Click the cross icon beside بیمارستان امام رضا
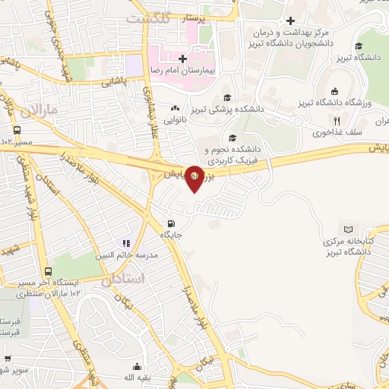click(x=182, y=58)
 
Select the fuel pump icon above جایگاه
click(x=171, y=224)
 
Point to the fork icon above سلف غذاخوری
click(x=336, y=120)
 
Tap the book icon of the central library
click(x=349, y=229)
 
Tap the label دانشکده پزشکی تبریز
click(x=226, y=109)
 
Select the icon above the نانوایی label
click(x=176, y=108)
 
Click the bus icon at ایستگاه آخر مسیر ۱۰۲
click(x=48, y=272)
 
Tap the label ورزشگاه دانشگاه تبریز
click(x=343, y=102)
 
